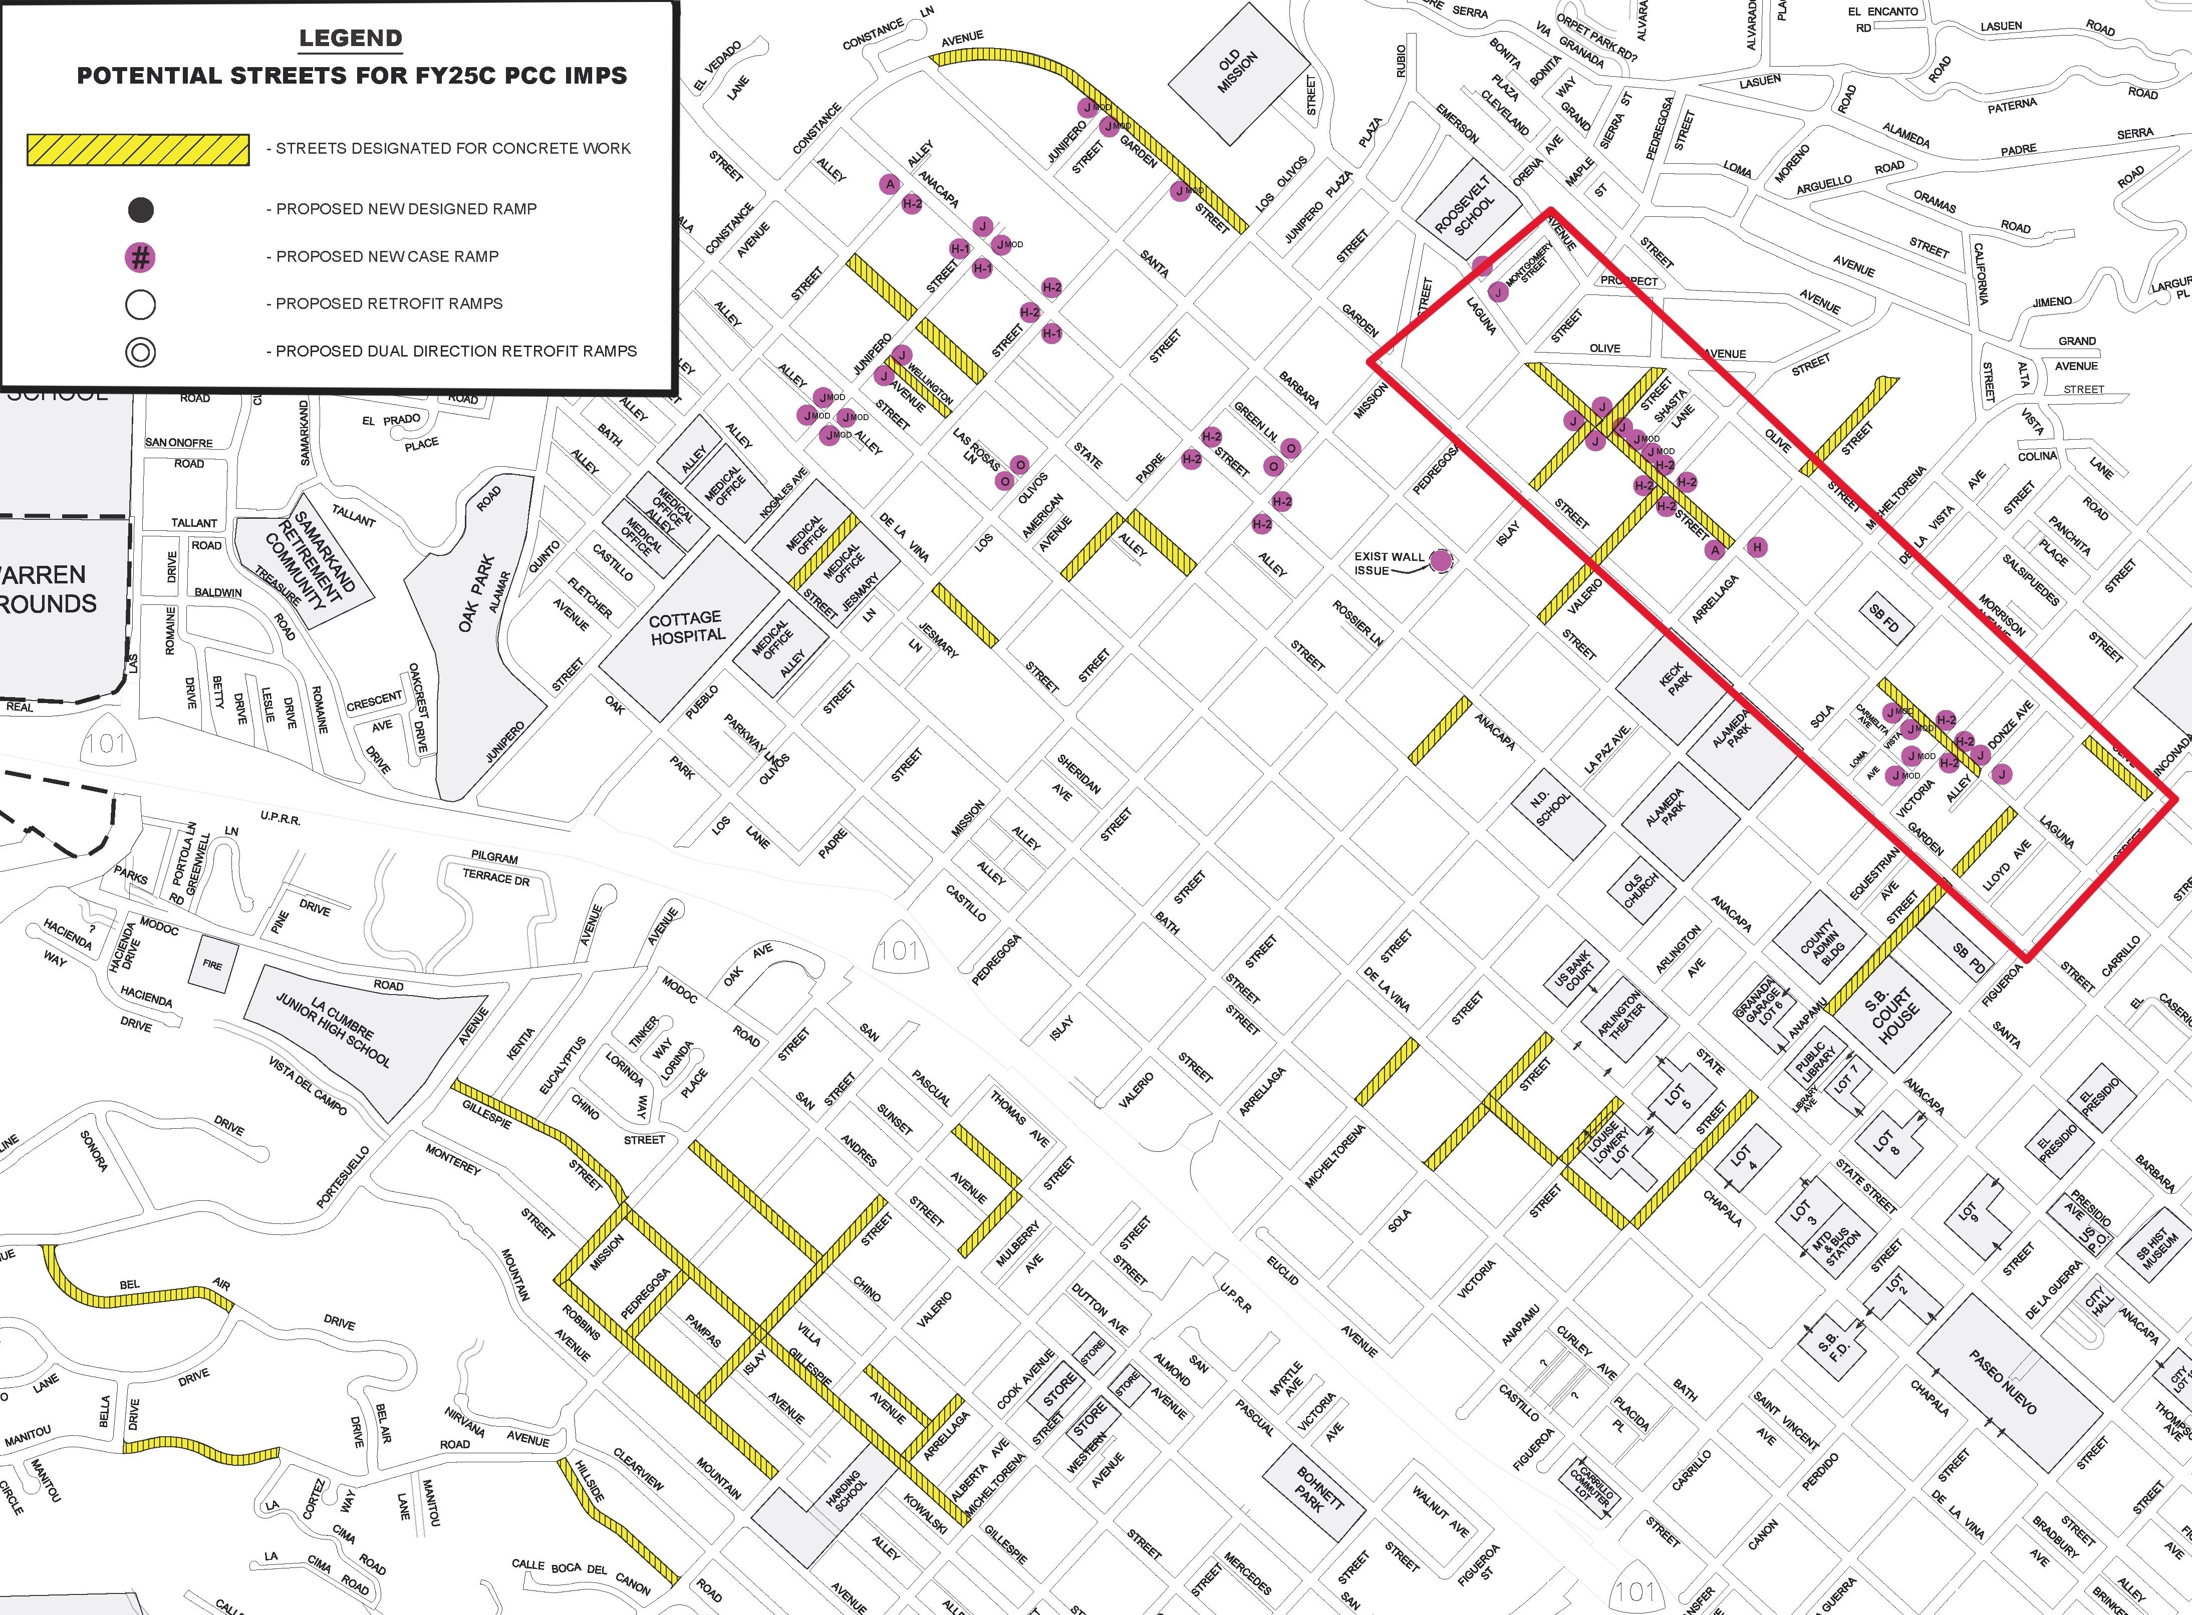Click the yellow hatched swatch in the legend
click(x=138, y=150)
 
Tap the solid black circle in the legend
click(x=141, y=209)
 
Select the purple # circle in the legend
click(x=141, y=257)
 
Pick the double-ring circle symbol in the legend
click(x=141, y=352)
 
